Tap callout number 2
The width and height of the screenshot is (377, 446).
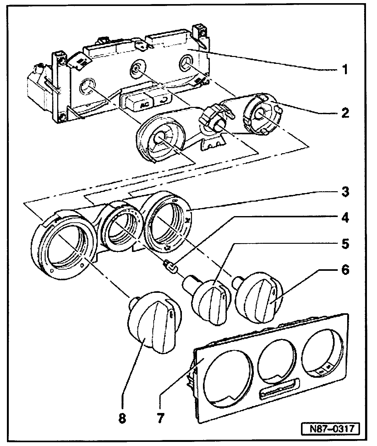(x=345, y=113)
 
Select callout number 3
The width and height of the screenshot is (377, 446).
(x=345, y=192)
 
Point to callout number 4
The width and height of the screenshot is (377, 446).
(x=345, y=218)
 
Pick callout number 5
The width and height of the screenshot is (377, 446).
(x=345, y=244)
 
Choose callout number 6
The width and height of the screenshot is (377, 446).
(x=345, y=270)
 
